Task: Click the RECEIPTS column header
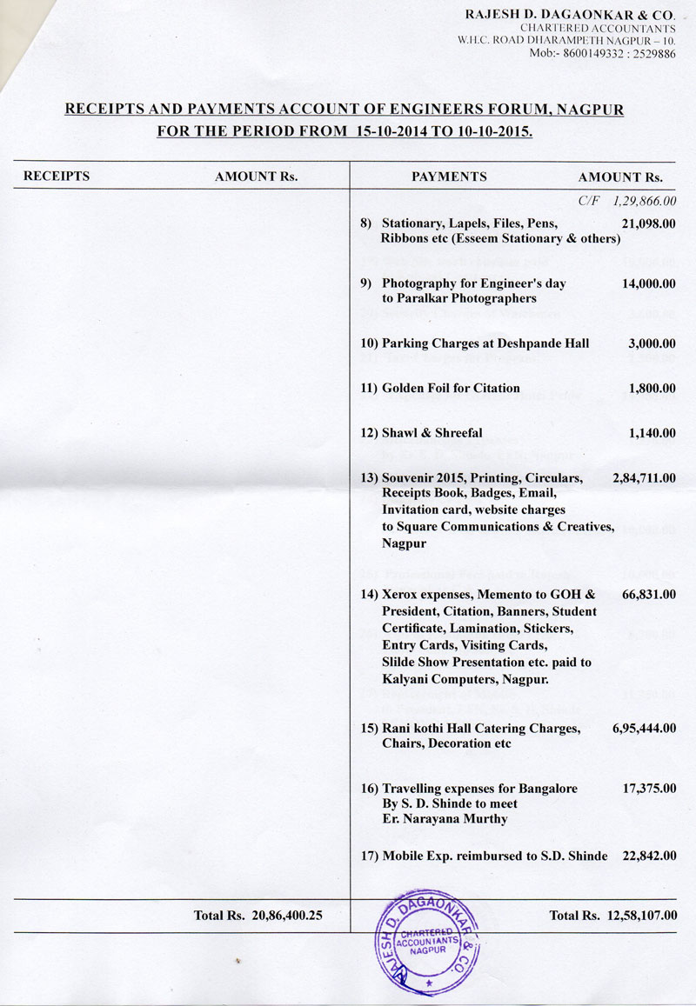pyautogui.click(x=57, y=177)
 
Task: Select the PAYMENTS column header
pyautogui.click(x=449, y=177)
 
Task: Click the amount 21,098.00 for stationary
pyautogui.click(x=649, y=223)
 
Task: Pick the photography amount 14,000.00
pyautogui.click(x=649, y=283)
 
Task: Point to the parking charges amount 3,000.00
pyautogui.click(x=652, y=343)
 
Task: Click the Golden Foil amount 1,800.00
pyautogui.click(x=652, y=388)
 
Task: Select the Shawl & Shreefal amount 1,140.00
pyautogui.click(x=652, y=432)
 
